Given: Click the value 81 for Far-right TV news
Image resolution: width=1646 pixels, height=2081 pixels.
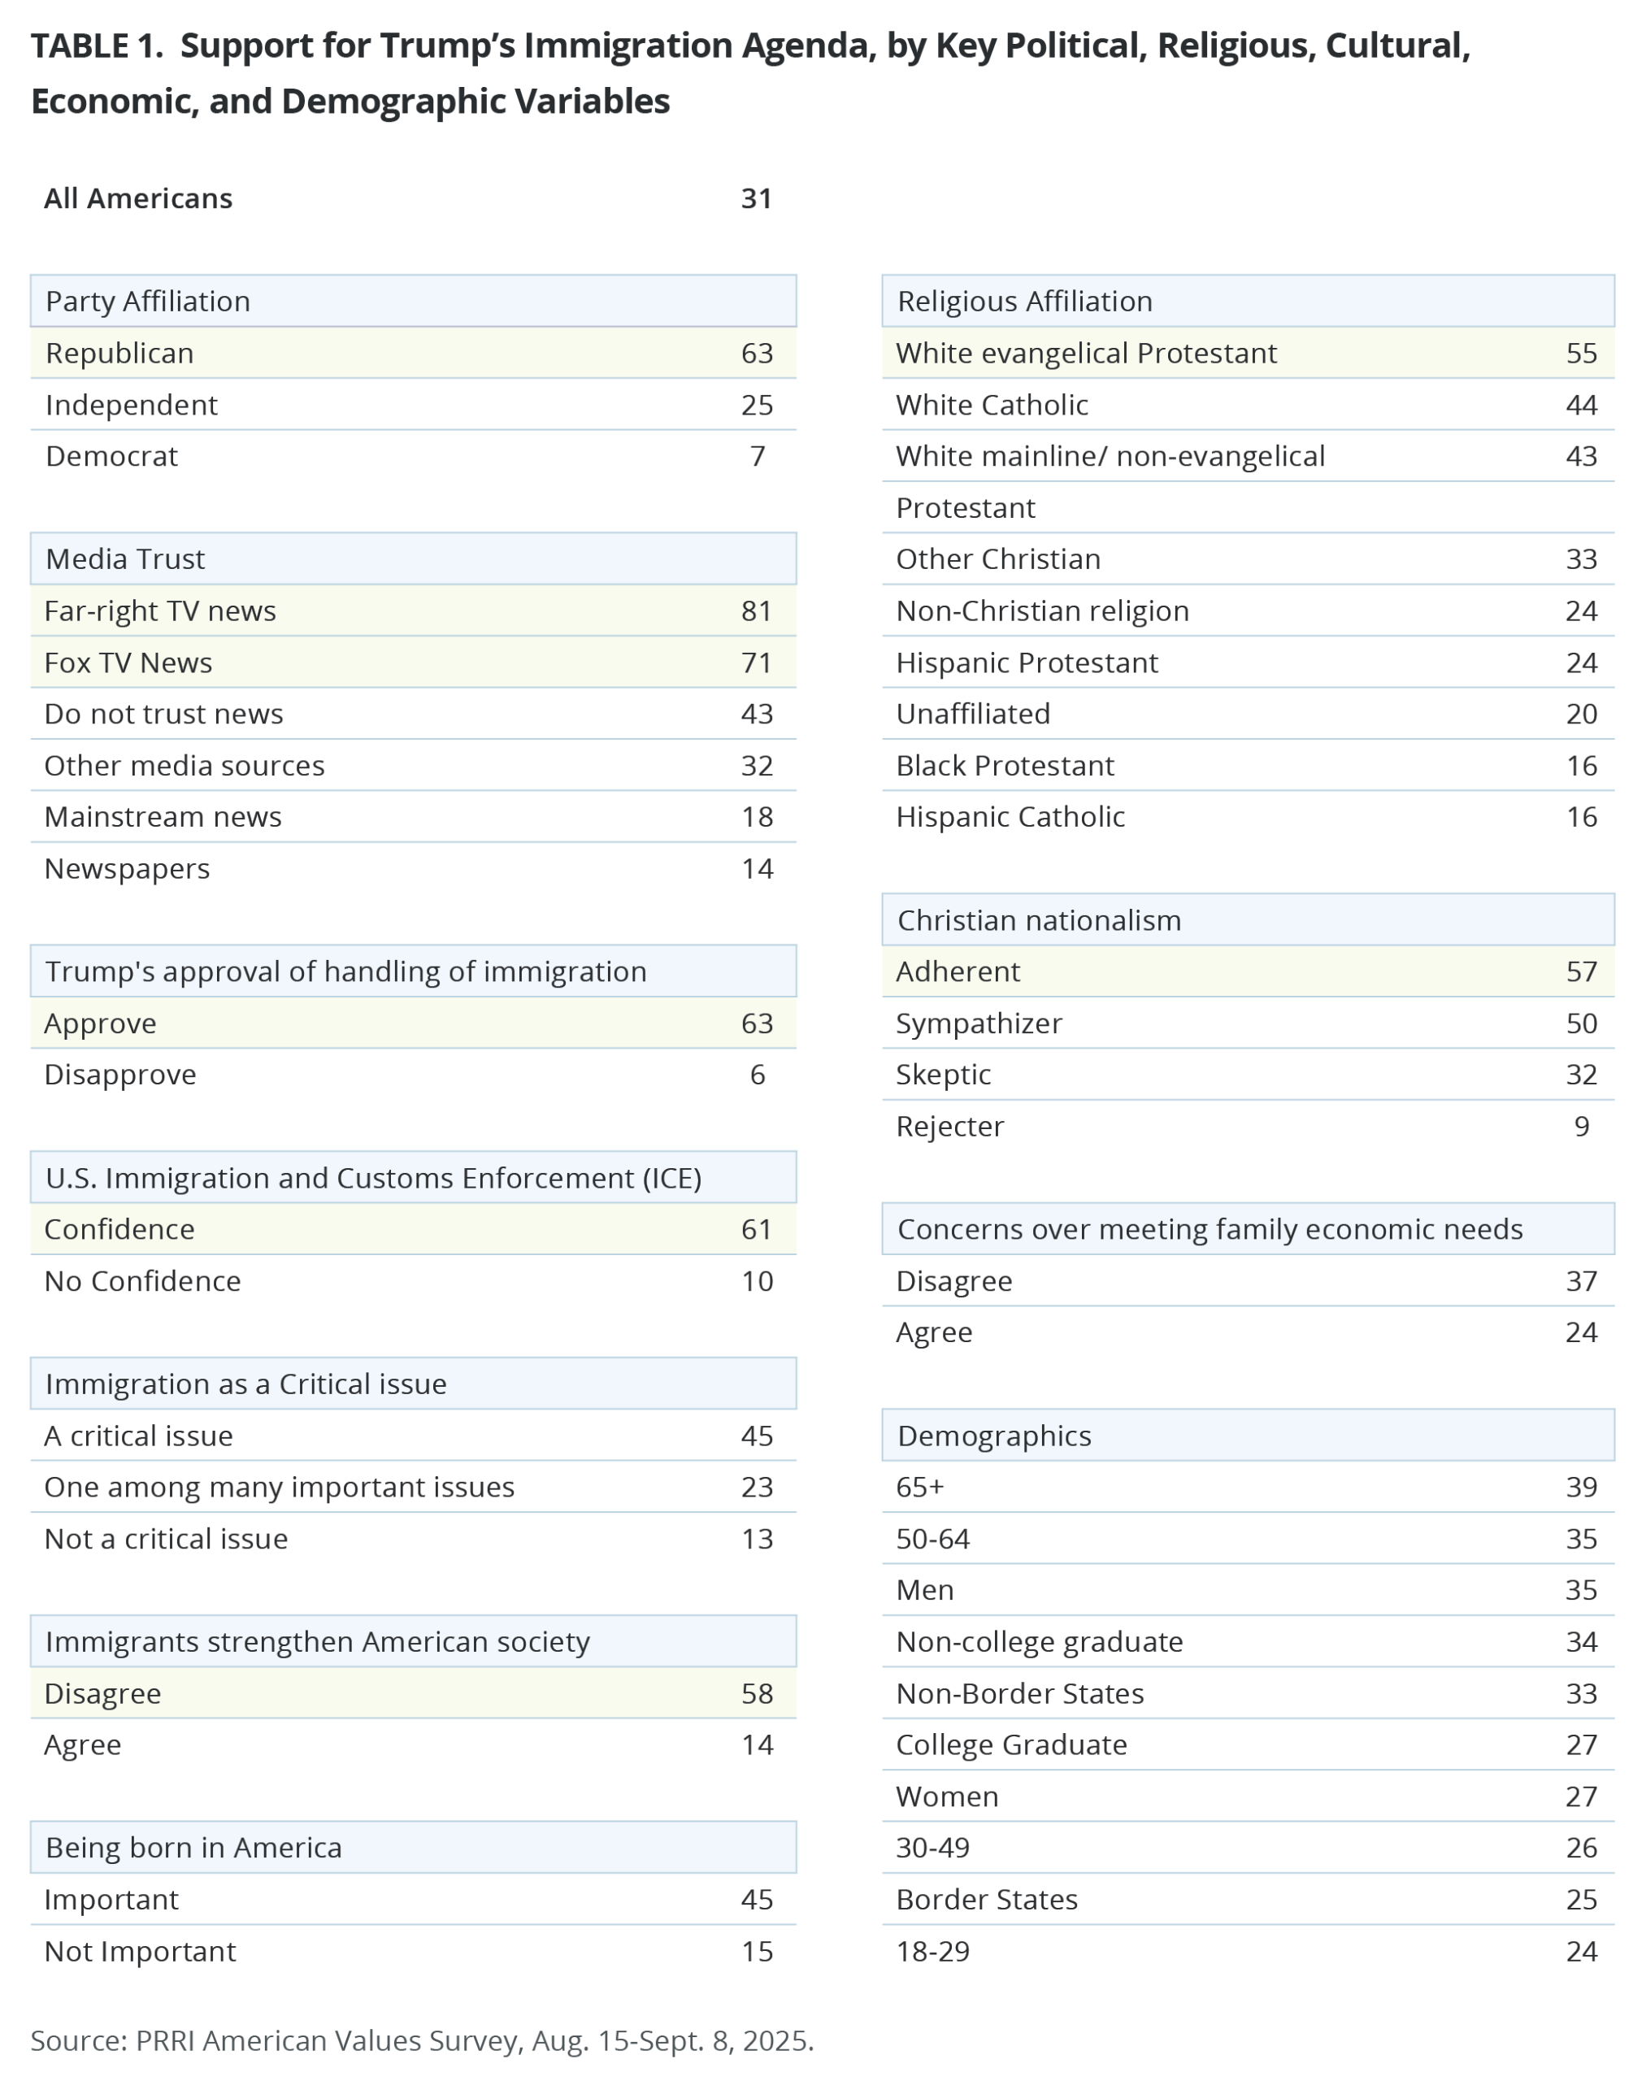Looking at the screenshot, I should (x=757, y=611).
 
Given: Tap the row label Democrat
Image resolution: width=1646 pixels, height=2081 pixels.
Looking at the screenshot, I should (x=112, y=456).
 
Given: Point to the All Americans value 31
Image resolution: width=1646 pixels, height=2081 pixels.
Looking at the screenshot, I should (x=757, y=198).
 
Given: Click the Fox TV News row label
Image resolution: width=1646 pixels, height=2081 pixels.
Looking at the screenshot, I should (x=128, y=663).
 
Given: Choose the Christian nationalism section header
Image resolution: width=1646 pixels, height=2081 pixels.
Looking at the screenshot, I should (x=1039, y=920).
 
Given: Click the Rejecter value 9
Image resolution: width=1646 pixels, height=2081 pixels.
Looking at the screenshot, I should (x=1582, y=1127).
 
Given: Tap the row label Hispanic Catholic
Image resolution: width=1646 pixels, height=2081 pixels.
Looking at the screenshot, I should (x=1010, y=818).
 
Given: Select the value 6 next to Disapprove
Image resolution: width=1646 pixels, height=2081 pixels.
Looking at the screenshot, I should (x=758, y=1075).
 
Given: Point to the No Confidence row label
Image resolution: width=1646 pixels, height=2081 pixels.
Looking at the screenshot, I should (x=142, y=1281).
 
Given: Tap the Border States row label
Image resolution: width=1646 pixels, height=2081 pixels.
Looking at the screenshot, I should (x=987, y=1900).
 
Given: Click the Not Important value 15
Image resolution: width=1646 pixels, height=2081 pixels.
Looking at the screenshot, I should (x=757, y=1952).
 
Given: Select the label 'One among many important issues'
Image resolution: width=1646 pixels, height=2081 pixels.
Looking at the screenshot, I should (x=280, y=1488).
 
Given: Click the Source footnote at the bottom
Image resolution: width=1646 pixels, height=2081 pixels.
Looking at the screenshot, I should (x=422, y=2041).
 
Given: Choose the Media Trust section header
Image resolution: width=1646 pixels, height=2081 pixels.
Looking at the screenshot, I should (x=125, y=559).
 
